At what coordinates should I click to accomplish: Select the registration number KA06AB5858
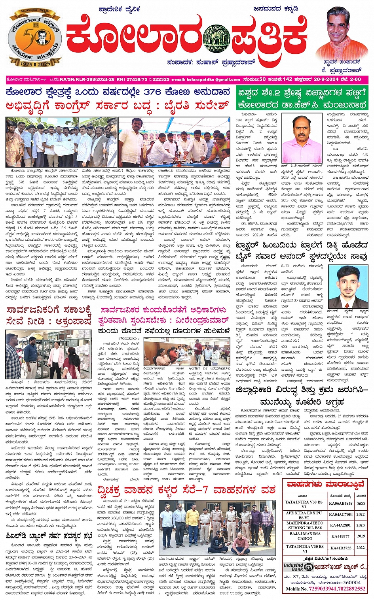[x=341, y=504]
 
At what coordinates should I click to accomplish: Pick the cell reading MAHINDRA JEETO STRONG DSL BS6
[x=304, y=525]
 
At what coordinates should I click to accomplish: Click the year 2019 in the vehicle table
[x=361, y=536]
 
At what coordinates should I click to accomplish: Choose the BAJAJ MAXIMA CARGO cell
[x=304, y=536]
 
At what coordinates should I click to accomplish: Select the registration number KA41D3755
[x=341, y=548]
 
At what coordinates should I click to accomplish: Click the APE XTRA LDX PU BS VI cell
[x=304, y=515]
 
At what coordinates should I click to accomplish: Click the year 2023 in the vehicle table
[x=361, y=525]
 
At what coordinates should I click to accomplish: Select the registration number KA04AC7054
[x=341, y=514]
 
